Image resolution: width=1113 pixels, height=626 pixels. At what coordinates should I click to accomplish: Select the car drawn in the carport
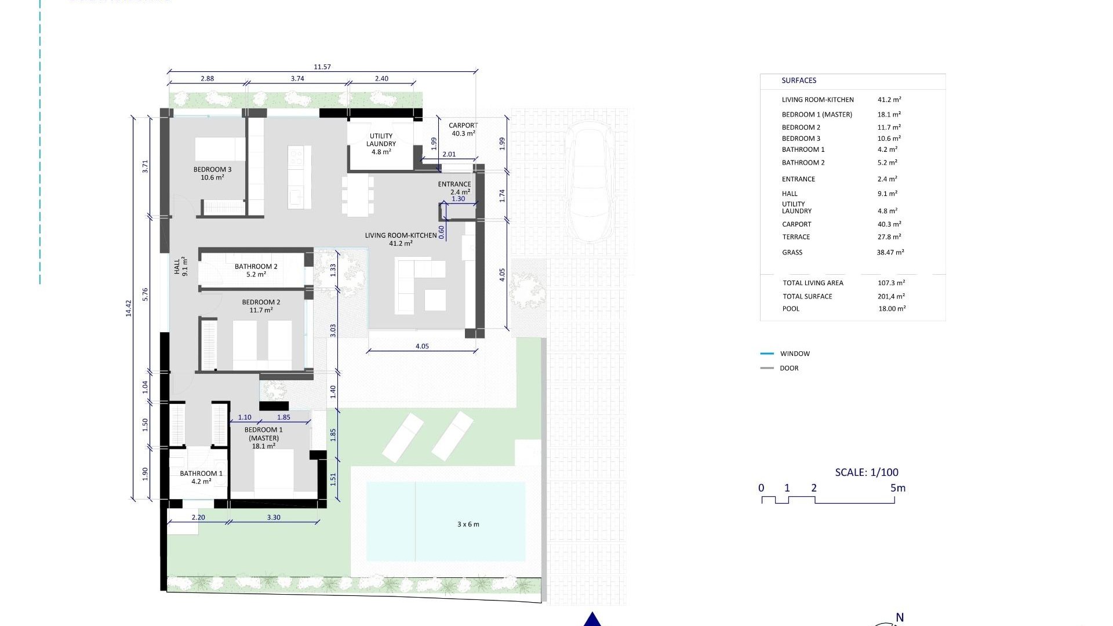click(590, 181)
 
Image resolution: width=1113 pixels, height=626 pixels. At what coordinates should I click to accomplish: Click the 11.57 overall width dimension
click(322, 67)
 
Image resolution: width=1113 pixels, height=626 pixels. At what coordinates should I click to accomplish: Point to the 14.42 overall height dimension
click(129, 308)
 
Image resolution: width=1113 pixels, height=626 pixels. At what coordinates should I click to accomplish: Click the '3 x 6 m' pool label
click(468, 525)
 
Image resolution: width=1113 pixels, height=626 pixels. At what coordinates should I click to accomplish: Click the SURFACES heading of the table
click(798, 81)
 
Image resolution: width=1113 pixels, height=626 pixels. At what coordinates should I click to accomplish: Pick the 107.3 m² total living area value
click(891, 283)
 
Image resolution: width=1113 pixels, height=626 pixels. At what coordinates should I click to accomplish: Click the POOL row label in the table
click(791, 309)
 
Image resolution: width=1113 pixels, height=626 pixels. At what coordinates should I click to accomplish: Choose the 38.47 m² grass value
click(890, 253)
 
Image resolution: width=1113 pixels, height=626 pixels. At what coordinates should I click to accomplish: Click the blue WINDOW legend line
click(766, 354)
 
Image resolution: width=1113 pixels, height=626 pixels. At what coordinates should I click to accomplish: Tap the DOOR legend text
click(788, 368)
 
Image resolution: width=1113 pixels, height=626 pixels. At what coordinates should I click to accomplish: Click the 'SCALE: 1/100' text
click(866, 472)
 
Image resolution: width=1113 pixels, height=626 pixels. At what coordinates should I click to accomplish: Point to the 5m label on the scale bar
click(897, 488)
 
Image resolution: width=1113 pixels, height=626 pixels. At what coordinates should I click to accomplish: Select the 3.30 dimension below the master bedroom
click(274, 518)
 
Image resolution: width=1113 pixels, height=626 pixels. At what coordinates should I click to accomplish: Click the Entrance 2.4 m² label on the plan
click(454, 188)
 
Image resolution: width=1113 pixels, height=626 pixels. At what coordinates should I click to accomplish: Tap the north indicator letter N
click(900, 618)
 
